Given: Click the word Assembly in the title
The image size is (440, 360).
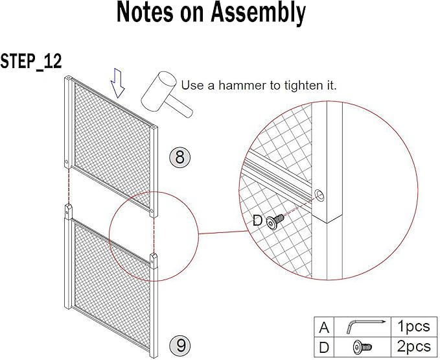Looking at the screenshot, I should pyautogui.click(x=258, y=14).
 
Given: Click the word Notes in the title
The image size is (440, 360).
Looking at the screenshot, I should pyautogui.click(x=148, y=13).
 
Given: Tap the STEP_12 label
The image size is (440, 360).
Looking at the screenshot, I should pyautogui.click(x=30, y=62).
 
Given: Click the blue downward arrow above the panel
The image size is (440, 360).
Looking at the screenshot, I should pyautogui.click(x=117, y=83).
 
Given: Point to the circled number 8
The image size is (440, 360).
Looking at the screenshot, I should pyautogui.click(x=179, y=156).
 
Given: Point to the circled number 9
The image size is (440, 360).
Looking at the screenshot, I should pyautogui.click(x=179, y=344).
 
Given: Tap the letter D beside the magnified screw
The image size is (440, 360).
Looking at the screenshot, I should pyautogui.click(x=258, y=221).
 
